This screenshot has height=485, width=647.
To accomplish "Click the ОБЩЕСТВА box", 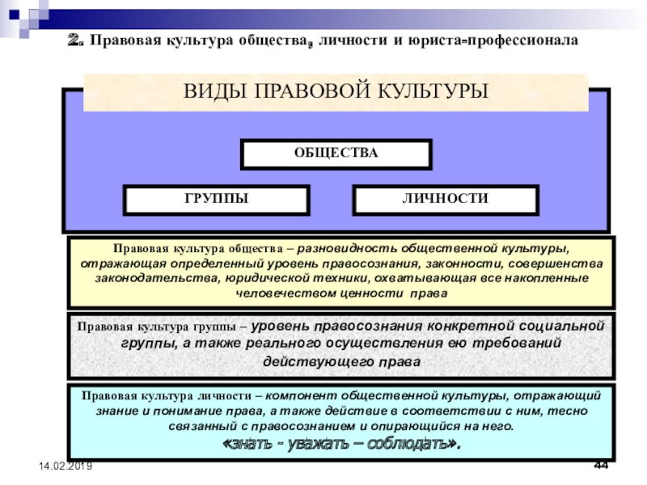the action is (x=336, y=154).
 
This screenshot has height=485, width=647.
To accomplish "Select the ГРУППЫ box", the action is (x=215, y=199).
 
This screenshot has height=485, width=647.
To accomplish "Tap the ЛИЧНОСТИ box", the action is (x=445, y=199).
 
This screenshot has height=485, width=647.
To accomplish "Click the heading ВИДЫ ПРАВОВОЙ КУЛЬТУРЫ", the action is (x=336, y=91).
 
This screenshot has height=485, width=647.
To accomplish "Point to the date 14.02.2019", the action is (x=62, y=466).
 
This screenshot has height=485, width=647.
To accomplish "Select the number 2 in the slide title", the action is (x=75, y=40).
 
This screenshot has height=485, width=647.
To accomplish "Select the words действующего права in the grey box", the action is (x=341, y=361).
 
